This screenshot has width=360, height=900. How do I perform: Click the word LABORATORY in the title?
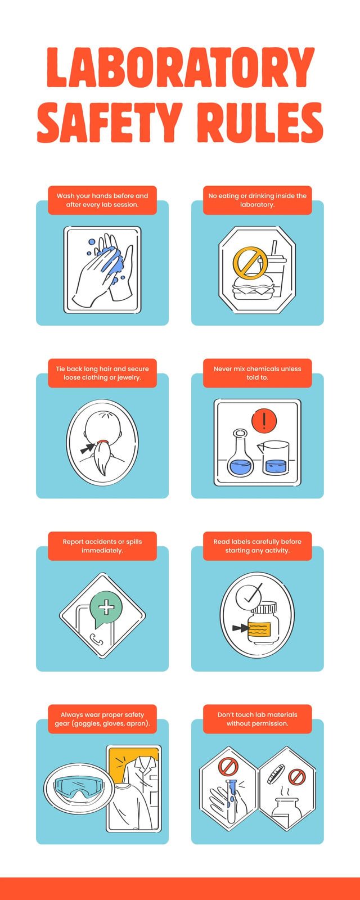pos(181,67)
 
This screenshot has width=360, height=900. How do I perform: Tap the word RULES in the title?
pos(259,122)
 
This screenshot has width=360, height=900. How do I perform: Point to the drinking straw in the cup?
pos(274,248)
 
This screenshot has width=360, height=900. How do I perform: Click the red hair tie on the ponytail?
pos(102,441)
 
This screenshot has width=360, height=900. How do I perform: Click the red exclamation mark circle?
pos(264,421)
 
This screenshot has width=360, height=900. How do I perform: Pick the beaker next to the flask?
pos(274,457)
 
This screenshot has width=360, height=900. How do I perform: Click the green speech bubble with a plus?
pos(105,608)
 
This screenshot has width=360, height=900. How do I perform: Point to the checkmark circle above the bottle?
pos(249,597)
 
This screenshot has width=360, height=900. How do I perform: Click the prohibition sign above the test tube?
pos(228,766)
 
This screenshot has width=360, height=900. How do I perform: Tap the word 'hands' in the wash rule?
pos(102,196)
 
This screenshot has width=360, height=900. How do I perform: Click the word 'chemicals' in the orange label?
pos(263,368)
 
